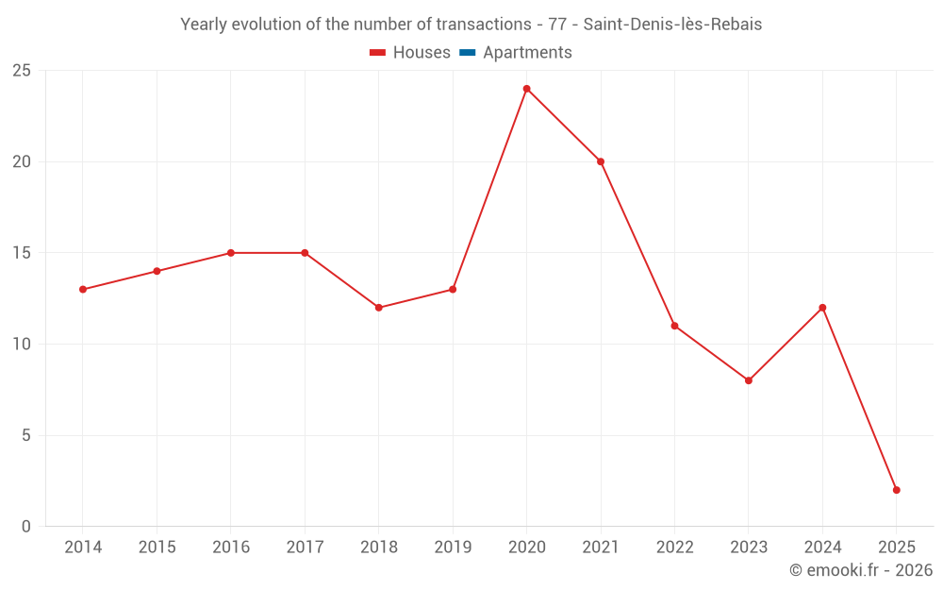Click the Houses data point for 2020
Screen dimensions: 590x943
tap(526, 89)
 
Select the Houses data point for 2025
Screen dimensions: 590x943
tap(896, 490)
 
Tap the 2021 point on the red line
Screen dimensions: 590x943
tap(601, 161)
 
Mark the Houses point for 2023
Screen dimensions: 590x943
tap(749, 380)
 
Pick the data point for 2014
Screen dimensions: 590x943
tap(83, 290)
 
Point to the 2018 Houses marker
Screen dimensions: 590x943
tap(379, 308)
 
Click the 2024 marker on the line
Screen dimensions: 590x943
tap(822, 308)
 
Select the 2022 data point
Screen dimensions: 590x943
tap(674, 326)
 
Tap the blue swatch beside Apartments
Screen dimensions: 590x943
tap(467, 53)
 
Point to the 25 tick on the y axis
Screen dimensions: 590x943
tap(22, 71)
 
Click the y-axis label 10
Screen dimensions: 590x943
tap(22, 345)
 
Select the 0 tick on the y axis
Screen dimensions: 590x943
tap(26, 527)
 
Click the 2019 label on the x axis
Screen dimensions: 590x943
tap(453, 548)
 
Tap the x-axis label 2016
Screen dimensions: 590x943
tap(231, 548)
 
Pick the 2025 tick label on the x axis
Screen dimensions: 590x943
tap(896, 548)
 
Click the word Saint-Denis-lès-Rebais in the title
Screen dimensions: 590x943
tap(672, 25)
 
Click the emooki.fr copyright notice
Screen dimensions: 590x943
tap(861, 570)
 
